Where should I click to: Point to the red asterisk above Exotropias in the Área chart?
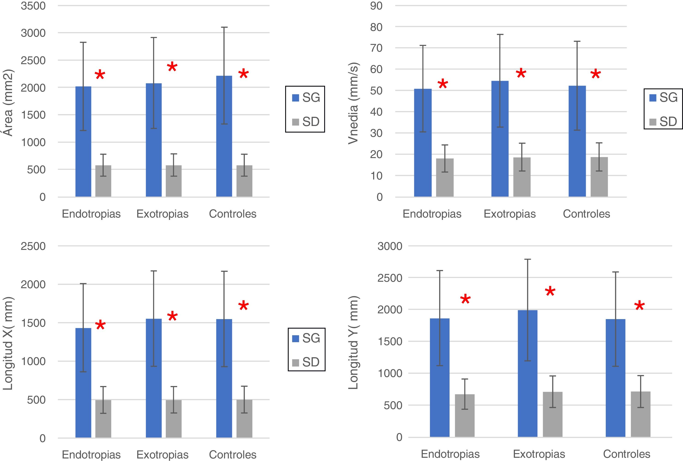pos(172,67)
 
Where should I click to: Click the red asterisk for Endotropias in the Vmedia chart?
pos(443,84)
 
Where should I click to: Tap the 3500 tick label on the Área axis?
pos(33,6)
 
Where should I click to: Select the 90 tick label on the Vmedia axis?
pos(376,6)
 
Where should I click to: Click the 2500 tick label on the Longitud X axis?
pos(33,246)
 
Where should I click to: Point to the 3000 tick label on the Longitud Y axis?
pos(390,246)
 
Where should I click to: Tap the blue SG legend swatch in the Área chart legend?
pos(295,98)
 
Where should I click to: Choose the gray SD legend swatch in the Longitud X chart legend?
pos(295,363)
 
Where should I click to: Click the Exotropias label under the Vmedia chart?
pos(510,214)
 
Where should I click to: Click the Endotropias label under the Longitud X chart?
pos(91,455)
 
